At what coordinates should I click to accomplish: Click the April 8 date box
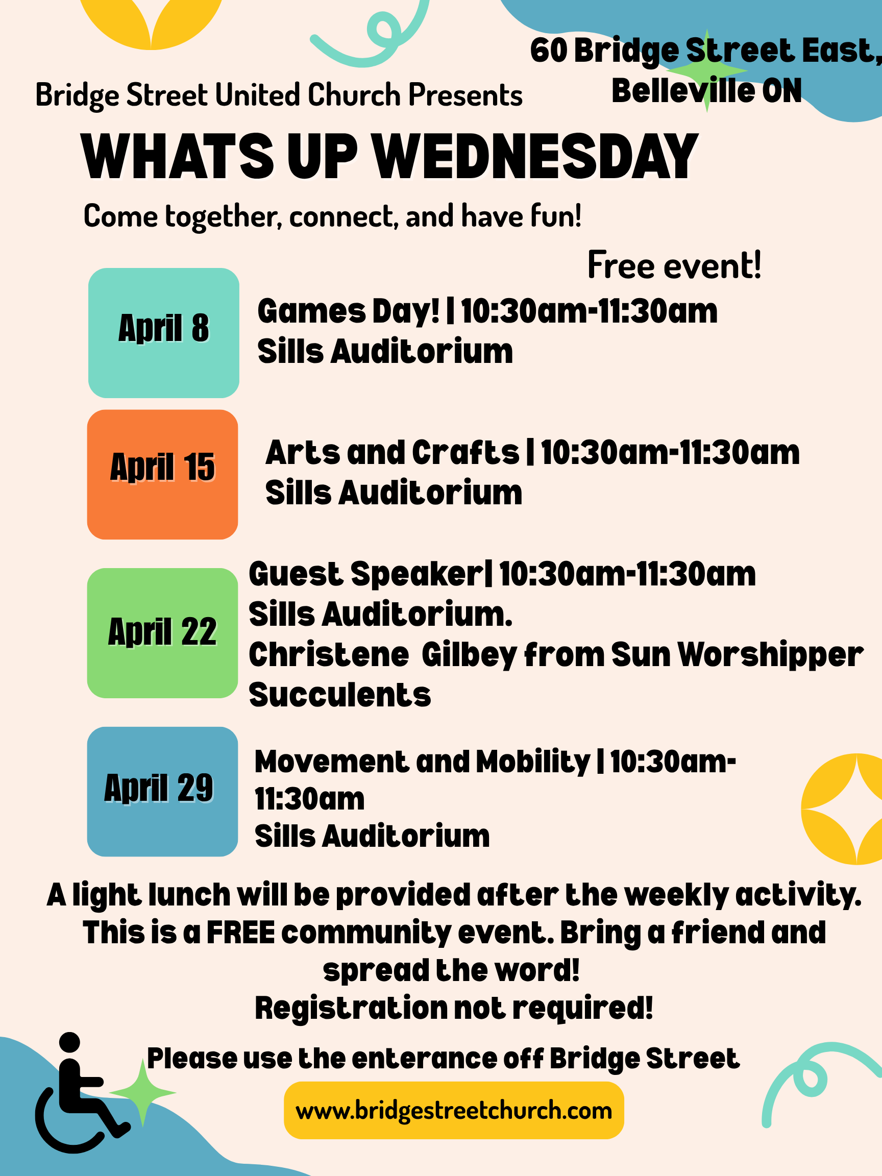click(x=163, y=333)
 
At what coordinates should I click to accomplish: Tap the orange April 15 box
click(x=162, y=474)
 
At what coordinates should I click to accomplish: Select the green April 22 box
click(x=162, y=632)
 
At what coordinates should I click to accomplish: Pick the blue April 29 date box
click(x=162, y=791)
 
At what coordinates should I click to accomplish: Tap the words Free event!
click(x=674, y=265)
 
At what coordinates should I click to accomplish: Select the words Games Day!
click(x=348, y=311)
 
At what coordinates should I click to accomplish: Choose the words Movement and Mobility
click(x=422, y=762)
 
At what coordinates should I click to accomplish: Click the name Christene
click(x=329, y=654)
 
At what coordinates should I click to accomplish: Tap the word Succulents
click(x=340, y=695)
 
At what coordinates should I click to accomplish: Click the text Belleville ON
click(x=706, y=91)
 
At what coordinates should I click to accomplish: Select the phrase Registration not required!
click(x=453, y=1008)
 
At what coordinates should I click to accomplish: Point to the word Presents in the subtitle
click(x=465, y=95)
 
